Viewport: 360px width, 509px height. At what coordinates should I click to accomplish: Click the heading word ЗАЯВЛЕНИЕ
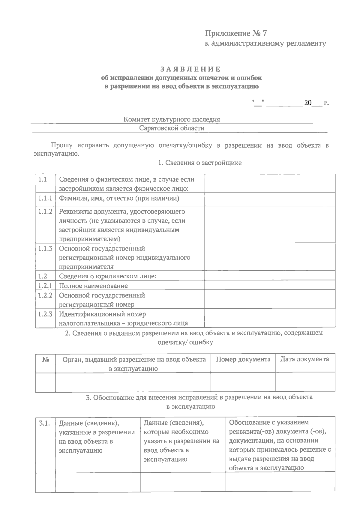click(190, 69)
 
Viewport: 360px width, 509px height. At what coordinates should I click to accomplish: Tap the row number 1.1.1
click(45, 198)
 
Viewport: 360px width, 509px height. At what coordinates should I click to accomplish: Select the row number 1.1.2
click(45, 211)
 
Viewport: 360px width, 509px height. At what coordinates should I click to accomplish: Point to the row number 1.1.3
click(45, 248)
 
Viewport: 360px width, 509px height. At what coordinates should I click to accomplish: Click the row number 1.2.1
click(45, 286)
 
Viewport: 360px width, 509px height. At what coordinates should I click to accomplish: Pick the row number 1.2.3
click(45, 314)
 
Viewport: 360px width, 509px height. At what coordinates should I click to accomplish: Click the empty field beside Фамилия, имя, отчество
click(270, 199)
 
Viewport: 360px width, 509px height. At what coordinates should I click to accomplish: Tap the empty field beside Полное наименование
click(270, 285)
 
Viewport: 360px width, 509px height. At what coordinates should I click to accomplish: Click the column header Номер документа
click(243, 359)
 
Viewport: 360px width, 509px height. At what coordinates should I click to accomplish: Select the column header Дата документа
click(304, 359)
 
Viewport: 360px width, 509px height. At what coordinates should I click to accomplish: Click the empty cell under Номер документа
click(243, 382)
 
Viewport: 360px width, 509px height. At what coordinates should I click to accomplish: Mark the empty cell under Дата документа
click(305, 382)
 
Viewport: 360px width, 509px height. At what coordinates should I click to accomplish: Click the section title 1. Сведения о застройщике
click(199, 163)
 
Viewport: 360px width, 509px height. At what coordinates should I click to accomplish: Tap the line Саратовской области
click(172, 128)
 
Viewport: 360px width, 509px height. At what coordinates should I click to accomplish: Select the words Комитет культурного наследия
click(172, 120)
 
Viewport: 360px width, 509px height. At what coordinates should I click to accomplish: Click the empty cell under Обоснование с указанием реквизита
click(280, 482)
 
